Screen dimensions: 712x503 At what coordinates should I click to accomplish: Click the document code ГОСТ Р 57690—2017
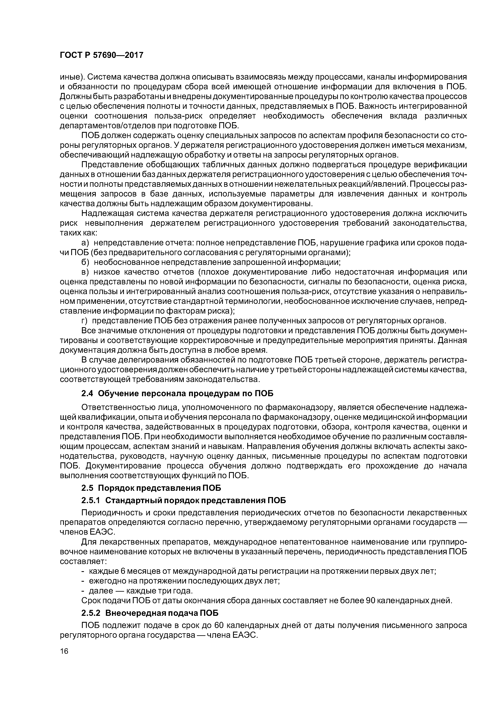(x=101, y=55)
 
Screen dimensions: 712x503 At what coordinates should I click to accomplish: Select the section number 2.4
(x=87, y=394)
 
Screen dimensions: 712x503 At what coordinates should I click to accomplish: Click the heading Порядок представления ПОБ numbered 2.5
(x=160, y=488)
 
